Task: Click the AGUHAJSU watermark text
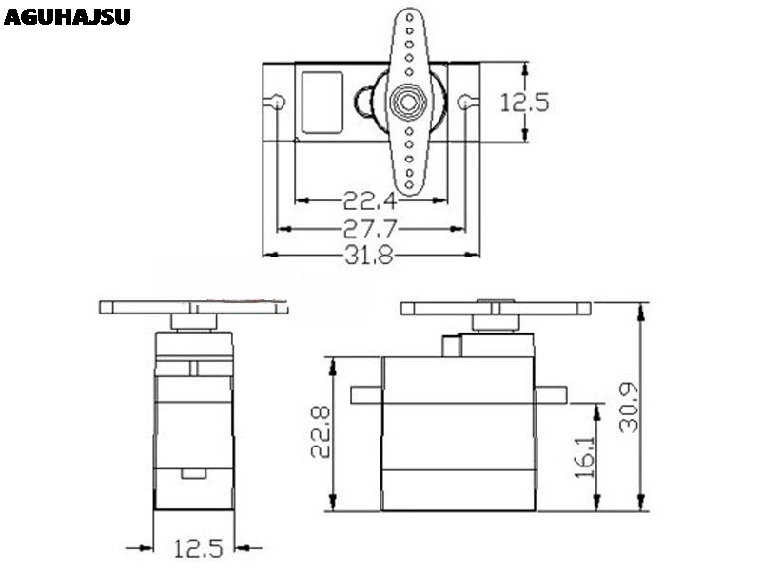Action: tap(67, 16)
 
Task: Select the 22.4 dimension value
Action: tap(370, 199)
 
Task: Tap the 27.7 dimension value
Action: tap(370, 228)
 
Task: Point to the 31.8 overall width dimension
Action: tap(370, 255)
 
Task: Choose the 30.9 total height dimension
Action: tap(629, 408)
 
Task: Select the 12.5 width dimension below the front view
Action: tap(198, 547)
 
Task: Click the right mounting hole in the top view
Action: tap(465, 102)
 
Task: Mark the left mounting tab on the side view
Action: tap(366, 394)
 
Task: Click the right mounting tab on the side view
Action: tap(552, 394)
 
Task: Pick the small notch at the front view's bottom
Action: tap(193, 472)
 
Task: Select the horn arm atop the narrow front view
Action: tap(193, 308)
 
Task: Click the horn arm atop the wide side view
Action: tap(495, 308)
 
